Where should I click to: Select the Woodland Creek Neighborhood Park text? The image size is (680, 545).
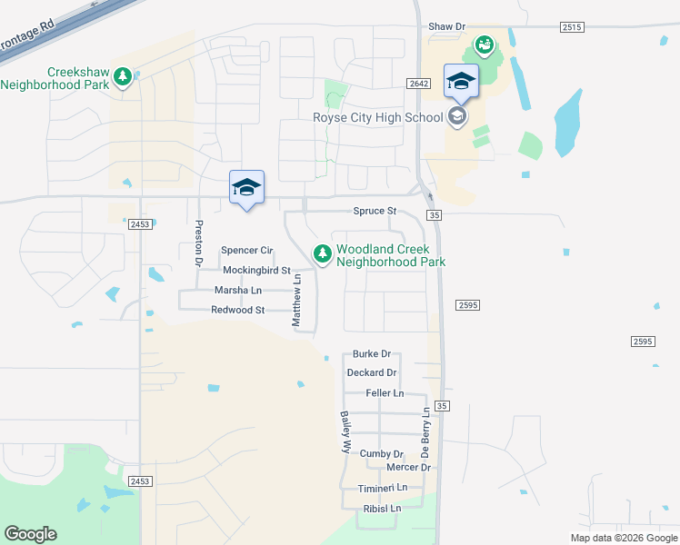tap(391, 255)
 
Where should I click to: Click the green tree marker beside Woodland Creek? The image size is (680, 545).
tap(322, 255)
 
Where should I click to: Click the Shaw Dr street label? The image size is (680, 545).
tap(446, 27)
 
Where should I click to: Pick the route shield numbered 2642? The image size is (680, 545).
tap(417, 84)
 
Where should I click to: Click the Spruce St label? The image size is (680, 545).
tap(375, 211)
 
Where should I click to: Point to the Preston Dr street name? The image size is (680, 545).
tap(197, 242)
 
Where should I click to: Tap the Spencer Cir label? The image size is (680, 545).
tap(247, 251)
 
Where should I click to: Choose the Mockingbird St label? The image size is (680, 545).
tap(256, 271)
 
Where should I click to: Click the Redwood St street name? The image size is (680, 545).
tap(237, 311)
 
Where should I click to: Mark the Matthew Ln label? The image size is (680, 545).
tap(296, 302)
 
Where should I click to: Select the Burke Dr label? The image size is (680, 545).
tap(372, 354)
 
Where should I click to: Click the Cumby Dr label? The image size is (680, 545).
tap(381, 454)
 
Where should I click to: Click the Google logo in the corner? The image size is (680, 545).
tap(30, 534)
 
